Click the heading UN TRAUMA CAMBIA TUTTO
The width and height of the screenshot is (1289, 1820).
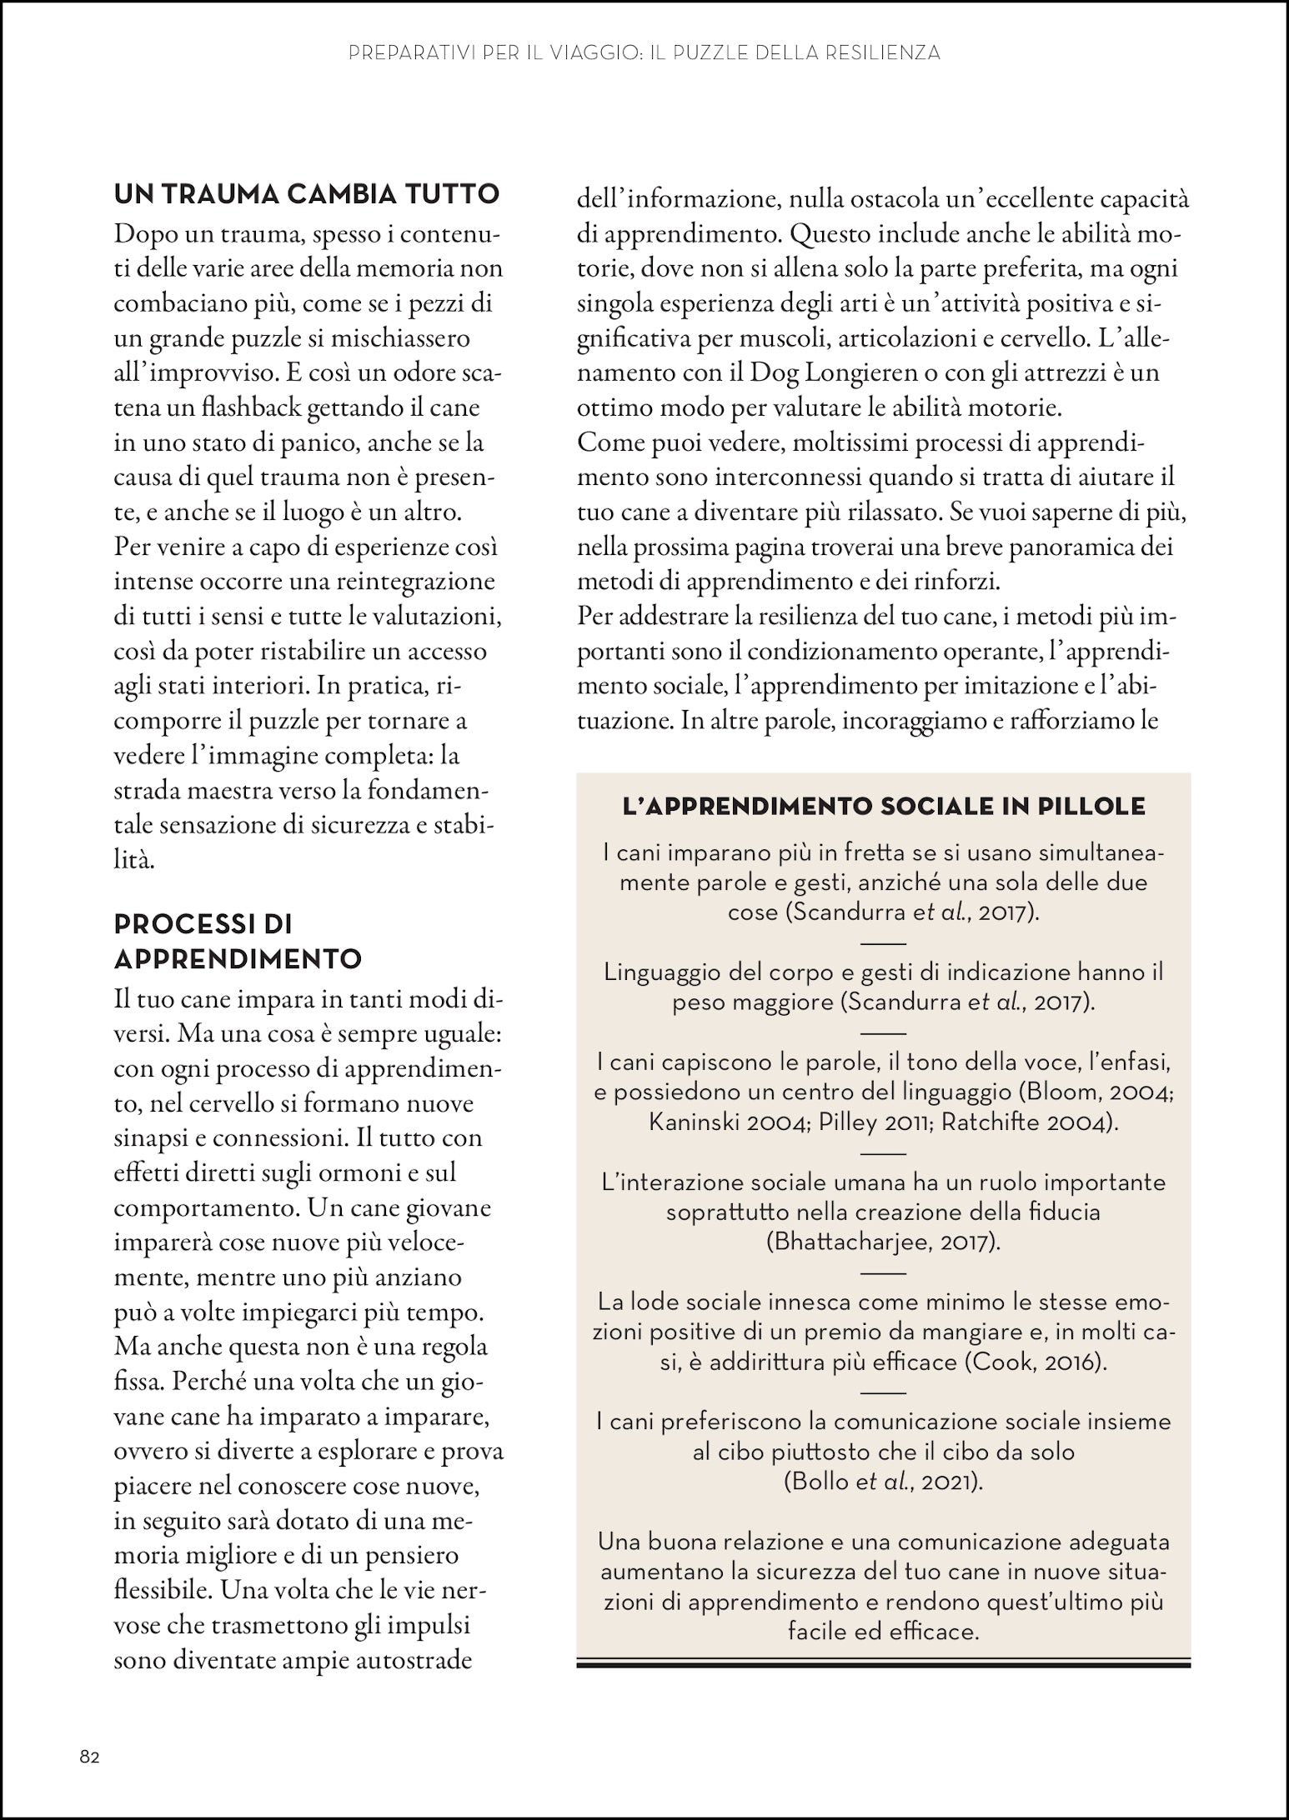306,195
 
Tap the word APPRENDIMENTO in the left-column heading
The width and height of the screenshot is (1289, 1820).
238,959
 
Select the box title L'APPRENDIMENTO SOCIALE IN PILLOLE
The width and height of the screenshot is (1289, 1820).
884,807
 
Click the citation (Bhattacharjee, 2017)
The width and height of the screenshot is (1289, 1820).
883,1242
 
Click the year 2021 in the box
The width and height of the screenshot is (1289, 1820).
950,1482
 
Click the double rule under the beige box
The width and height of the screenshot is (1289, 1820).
883,1663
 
